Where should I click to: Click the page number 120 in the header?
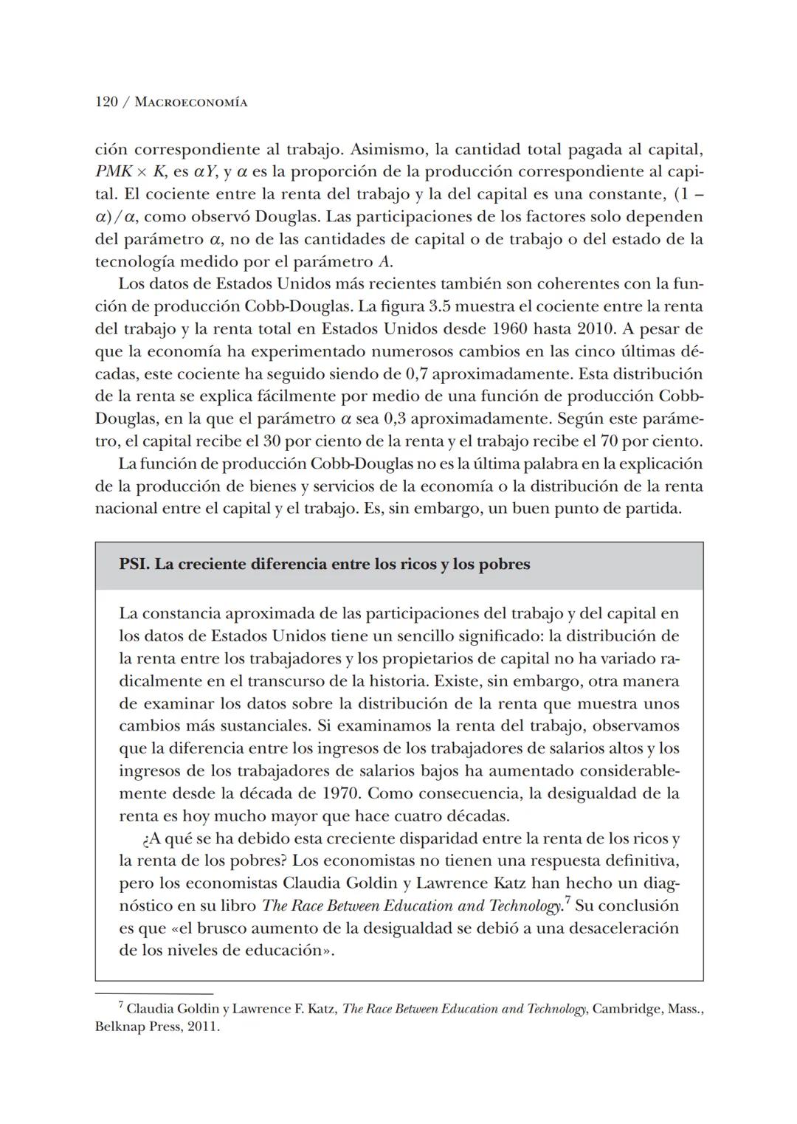pyautogui.click(x=106, y=103)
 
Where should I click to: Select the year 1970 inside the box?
pyautogui.click(x=342, y=794)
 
